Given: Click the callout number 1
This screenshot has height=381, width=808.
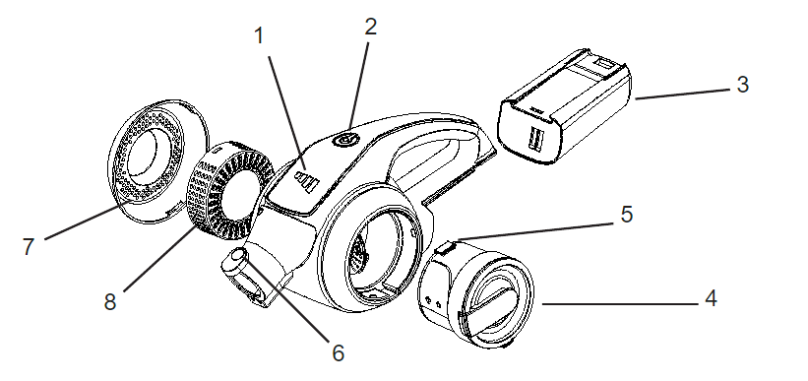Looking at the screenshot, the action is (259, 36).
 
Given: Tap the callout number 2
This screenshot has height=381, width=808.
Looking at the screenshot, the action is (370, 27).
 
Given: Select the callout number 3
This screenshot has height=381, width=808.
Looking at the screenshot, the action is (742, 84).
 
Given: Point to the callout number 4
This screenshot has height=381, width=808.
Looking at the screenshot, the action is (711, 298).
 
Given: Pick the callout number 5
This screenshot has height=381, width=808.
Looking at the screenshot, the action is (626, 214).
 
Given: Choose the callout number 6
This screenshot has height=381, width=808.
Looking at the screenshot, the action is (338, 353).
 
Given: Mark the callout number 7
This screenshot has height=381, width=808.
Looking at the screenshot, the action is (29, 247).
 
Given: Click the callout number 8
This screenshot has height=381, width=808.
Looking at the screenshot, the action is (110, 302).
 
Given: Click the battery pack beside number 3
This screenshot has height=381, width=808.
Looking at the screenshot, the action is (564, 105).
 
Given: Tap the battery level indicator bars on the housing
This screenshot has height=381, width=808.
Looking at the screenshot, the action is (304, 182).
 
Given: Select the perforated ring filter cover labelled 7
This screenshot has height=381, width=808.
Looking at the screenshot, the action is (157, 160).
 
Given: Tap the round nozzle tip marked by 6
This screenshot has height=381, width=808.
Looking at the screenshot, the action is (238, 256).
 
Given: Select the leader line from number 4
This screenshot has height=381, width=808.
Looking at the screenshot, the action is (620, 304).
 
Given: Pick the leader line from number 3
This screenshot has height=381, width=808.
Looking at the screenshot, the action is (683, 94).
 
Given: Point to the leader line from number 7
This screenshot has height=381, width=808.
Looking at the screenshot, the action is (89, 221).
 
